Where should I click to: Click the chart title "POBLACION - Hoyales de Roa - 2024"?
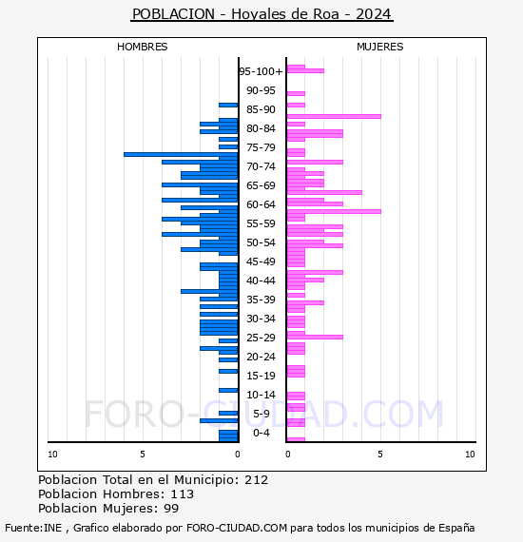point(261,14)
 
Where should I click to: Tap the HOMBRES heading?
point(142,47)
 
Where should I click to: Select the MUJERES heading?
point(380,47)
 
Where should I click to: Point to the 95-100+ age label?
point(261,71)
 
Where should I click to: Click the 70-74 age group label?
point(261,166)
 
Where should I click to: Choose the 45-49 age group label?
point(261,261)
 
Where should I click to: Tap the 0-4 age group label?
point(261,433)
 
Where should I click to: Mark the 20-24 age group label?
point(261,357)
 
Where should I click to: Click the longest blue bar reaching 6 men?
point(181,154)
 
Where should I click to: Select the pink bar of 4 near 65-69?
point(324,192)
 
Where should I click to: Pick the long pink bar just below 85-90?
point(334,117)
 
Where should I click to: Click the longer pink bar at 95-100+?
point(305,71)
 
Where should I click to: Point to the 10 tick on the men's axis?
point(52,455)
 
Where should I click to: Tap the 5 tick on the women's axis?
point(380,455)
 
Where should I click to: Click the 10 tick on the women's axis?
point(470,455)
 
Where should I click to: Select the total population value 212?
point(256,480)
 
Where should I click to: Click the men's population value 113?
point(183,494)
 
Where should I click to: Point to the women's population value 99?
point(171,508)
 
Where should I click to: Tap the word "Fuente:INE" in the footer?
point(33,528)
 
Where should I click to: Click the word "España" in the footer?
point(456,529)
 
